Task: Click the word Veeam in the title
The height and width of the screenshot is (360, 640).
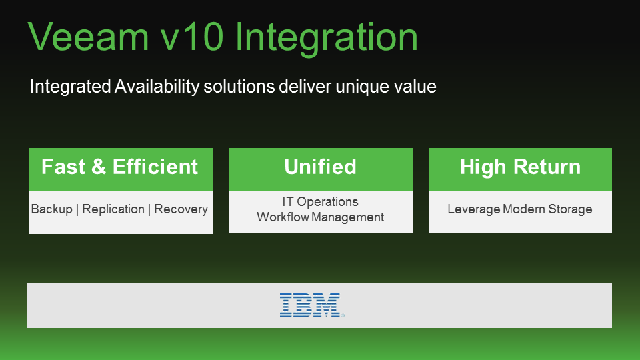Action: coord(89,37)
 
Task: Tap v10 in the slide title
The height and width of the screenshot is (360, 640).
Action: coord(192,37)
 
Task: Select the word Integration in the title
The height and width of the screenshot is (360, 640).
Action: coord(327,39)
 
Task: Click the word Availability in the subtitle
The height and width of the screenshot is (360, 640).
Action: coord(157,87)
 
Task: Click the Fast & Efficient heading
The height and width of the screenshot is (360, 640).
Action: coord(119,167)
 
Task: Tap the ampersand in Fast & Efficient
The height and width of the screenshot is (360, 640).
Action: coord(99,167)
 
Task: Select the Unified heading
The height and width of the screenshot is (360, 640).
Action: coord(321,167)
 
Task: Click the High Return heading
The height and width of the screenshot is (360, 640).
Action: coord(520,167)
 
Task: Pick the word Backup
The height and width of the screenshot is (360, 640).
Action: coord(52,209)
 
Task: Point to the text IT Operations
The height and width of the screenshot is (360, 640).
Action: coord(321,202)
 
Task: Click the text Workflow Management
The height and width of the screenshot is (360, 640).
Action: coord(321,217)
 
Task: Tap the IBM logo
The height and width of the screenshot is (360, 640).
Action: coord(311,305)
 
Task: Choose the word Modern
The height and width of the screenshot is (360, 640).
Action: coord(524,209)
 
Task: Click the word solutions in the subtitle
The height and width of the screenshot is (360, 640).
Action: coord(239,87)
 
